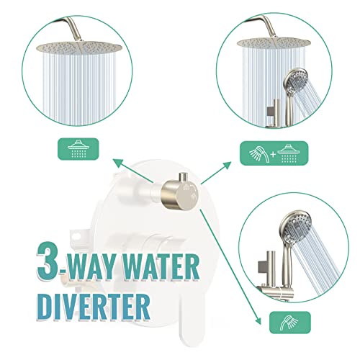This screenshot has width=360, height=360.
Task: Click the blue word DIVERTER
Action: (x=94, y=307)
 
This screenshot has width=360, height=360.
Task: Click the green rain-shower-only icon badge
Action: (x=78, y=149)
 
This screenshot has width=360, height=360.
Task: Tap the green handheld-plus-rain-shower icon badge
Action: (x=274, y=153)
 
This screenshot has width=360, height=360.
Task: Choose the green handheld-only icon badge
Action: (x=290, y=323)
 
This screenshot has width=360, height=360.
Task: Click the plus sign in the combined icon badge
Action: (x=273, y=154)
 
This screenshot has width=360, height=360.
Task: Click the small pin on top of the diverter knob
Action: (x=183, y=177)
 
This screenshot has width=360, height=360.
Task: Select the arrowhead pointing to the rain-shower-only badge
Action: (x=117, y=163)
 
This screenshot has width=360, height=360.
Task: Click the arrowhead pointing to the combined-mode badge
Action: (x=227, y=165)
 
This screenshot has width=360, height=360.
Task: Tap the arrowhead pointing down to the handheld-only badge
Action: (x=258, y=320)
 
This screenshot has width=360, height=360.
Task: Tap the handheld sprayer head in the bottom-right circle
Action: (x=295, y=225)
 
